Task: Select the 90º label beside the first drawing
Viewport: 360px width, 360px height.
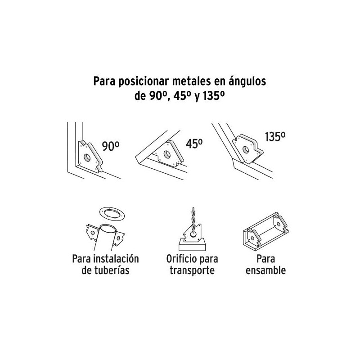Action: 110,146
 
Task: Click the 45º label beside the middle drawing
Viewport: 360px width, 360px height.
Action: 194,144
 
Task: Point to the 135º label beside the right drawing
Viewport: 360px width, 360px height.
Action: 275,137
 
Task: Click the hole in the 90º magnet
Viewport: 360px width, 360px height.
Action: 87,157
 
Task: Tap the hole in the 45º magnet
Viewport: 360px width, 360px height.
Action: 167,154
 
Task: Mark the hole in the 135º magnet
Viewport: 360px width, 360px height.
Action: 246,150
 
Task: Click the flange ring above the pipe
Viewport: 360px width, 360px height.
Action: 112,214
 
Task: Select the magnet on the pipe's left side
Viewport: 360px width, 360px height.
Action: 93,232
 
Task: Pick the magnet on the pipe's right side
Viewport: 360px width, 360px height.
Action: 119,239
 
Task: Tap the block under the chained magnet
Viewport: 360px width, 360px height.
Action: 192,245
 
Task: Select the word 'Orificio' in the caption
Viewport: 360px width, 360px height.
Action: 180,259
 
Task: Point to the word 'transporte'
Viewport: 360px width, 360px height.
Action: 192,270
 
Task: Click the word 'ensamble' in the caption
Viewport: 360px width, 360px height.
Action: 265,270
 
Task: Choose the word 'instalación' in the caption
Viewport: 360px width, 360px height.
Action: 116,259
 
